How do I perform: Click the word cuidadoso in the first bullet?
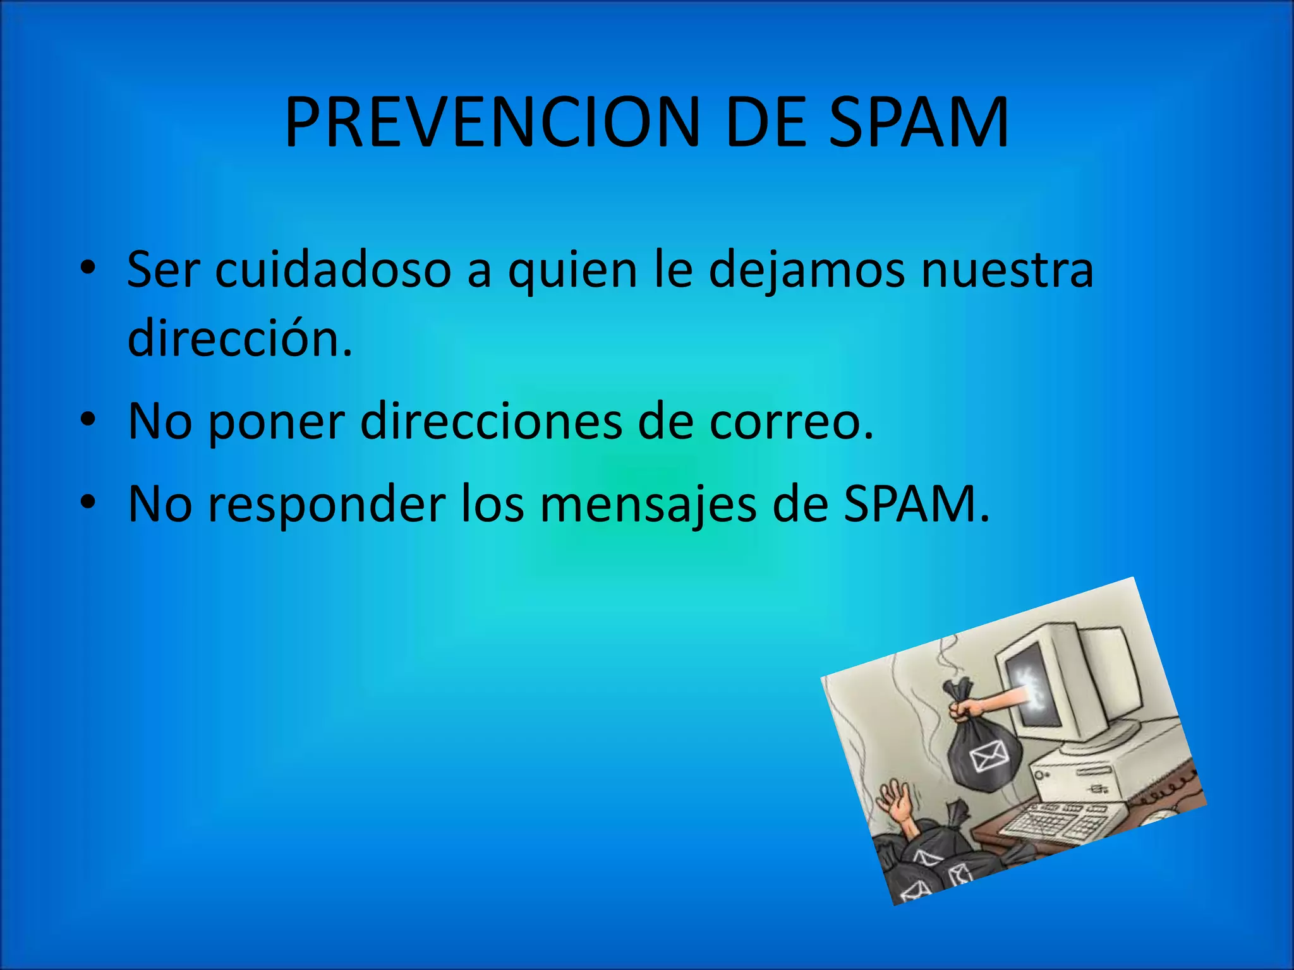333,270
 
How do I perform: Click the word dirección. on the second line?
239,338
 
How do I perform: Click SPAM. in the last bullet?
916,505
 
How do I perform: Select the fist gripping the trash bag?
963,707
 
